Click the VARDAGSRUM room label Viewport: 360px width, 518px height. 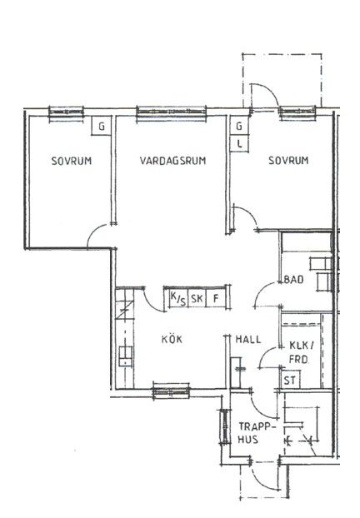pos(172,161)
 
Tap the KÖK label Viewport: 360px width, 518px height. pos(172,339)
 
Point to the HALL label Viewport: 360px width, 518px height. pos(248,339)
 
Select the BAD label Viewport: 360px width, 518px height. pos(294,280)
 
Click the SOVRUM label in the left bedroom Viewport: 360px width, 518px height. pos(72,161)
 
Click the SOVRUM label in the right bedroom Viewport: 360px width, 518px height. pos(288,161)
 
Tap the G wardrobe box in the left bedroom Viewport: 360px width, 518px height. pos(102,127)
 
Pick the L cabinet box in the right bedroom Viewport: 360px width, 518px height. pos(239,144)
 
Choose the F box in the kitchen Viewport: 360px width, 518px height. pos(216,299)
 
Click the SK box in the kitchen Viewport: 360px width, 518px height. pos(197,299)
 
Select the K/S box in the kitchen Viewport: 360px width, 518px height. pos(178,299)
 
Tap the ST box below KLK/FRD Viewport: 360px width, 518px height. pos(290,381)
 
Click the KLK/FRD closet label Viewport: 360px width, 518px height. pos(301,352)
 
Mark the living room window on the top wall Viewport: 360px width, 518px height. pos(172,112)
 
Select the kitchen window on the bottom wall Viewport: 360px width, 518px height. pos(171,391)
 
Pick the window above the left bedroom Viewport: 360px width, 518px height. pos(66,112)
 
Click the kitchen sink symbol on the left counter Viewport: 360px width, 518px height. pos(125,356)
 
